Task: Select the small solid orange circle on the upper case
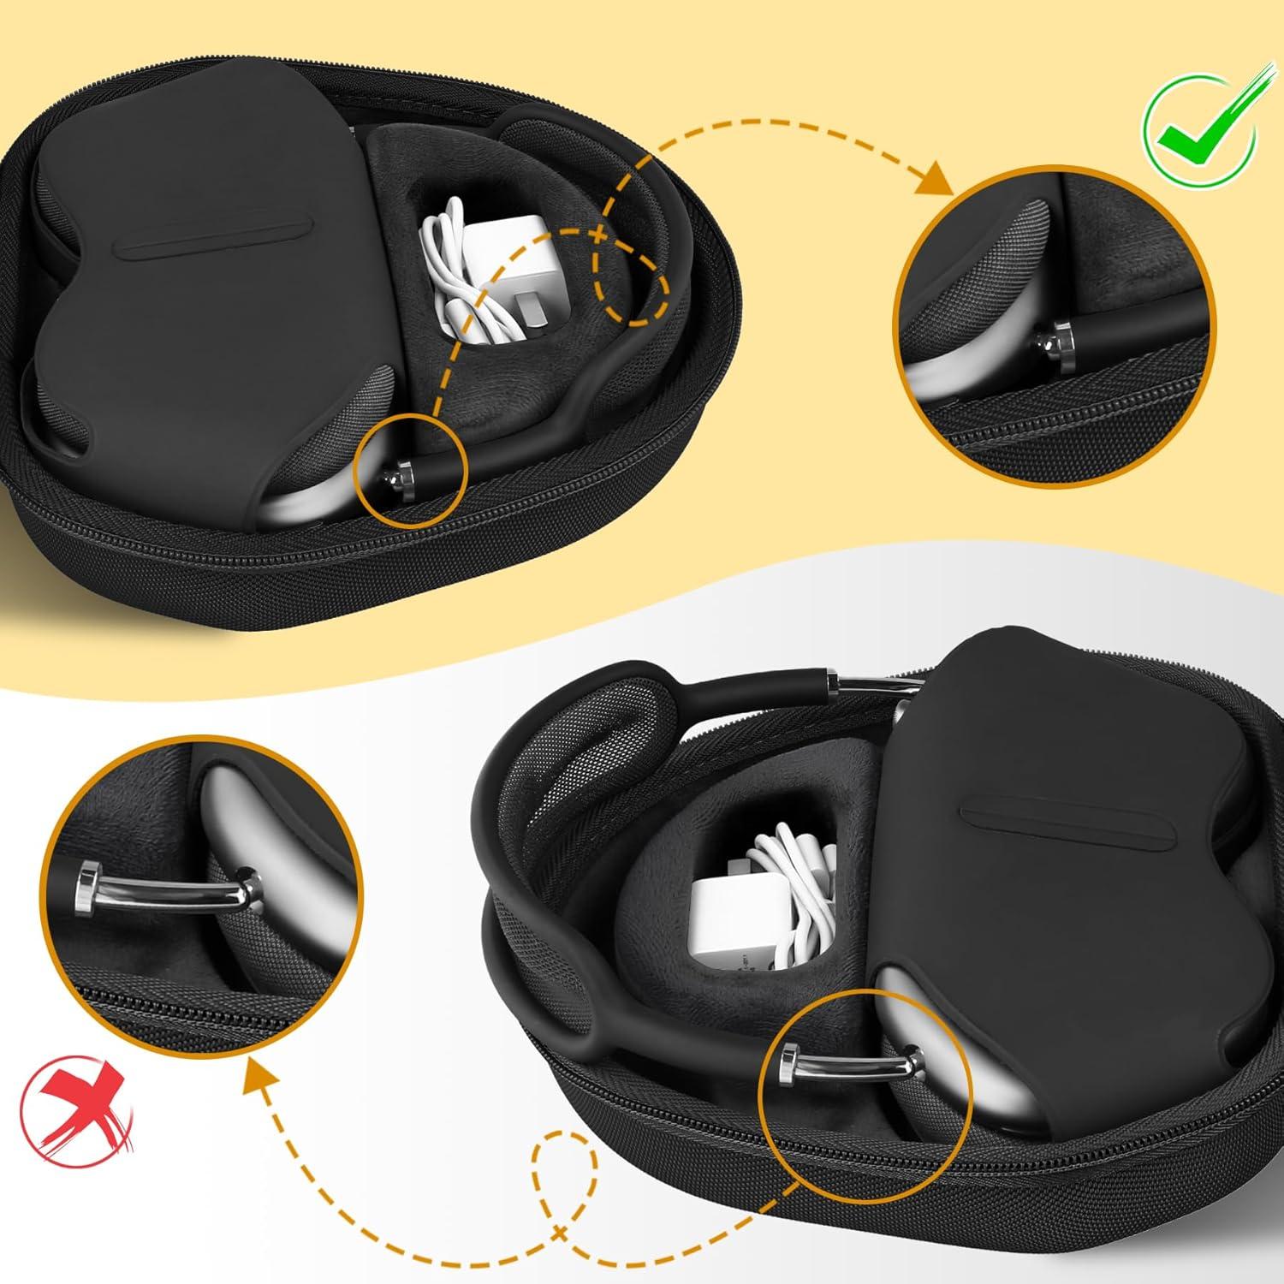[x=415, y=467]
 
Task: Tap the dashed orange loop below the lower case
[x=565, y=1181]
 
